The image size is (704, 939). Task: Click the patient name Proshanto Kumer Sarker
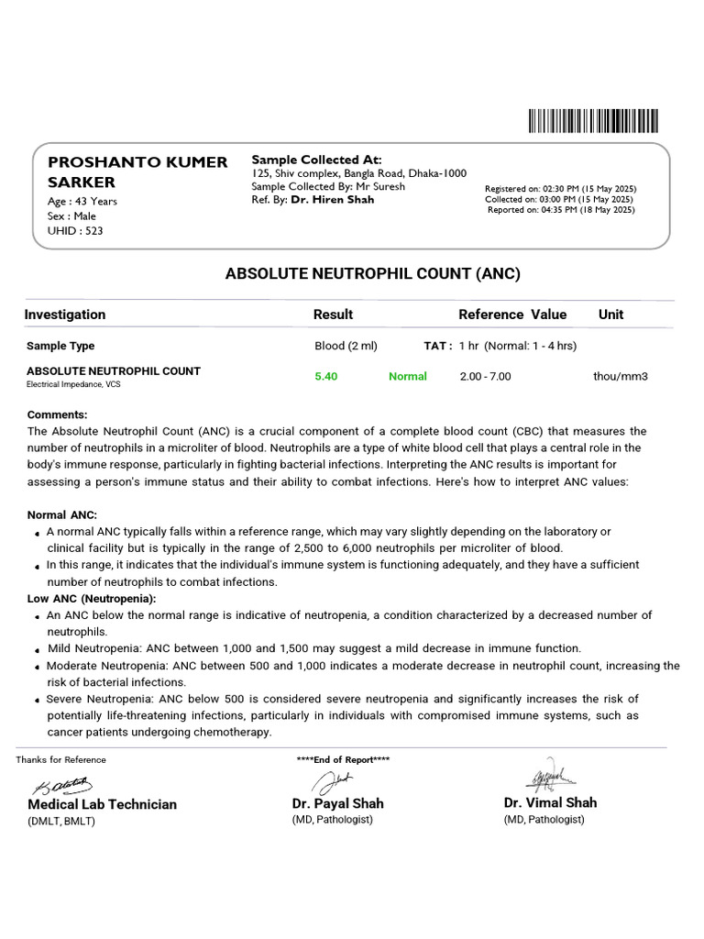[x=137, y=171]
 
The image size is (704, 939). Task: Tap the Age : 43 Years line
[x=82, y=201]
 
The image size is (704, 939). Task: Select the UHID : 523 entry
[x=75, y=230]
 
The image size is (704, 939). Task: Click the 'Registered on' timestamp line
[x=559, y=188]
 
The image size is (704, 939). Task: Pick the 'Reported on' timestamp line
[x=560, y=209]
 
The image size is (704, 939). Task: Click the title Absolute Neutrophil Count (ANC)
[x=372, y=273]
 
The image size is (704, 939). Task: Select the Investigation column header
[x=65, y=315]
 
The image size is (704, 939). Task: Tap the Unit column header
[x=610, y=315]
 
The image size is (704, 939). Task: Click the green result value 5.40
[x=326, y=376]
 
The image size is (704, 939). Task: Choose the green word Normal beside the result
[x=408, y=376]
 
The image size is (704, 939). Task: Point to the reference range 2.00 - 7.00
[x=485, y=376]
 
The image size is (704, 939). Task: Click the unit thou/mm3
[x=621, y=376]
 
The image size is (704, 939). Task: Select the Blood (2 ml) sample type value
[x=346, y=346]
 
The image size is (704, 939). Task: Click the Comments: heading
[x=58, y=414]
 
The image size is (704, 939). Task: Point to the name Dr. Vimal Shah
[x=550, y=802]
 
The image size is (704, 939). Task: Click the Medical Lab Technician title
[x=102, y=804]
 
